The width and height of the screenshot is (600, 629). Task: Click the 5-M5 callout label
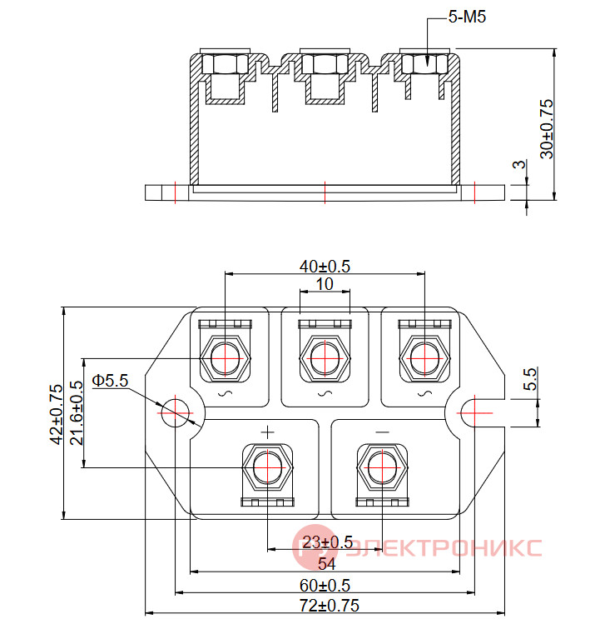(467, 17)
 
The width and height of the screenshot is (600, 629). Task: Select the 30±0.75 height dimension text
(547, 129)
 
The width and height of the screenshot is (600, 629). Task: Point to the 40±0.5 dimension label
(325, 267)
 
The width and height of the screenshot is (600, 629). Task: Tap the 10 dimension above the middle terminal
(325, 284)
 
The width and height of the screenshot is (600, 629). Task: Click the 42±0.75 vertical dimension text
(56, 414)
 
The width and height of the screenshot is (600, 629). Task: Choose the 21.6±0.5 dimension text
(77, 412)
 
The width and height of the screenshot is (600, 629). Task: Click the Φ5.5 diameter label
(110, 381)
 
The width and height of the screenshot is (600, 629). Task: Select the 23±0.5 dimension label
(327, 542)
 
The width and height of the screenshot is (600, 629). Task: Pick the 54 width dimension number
(326, 564)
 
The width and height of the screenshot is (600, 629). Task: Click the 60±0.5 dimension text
(325, 586)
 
